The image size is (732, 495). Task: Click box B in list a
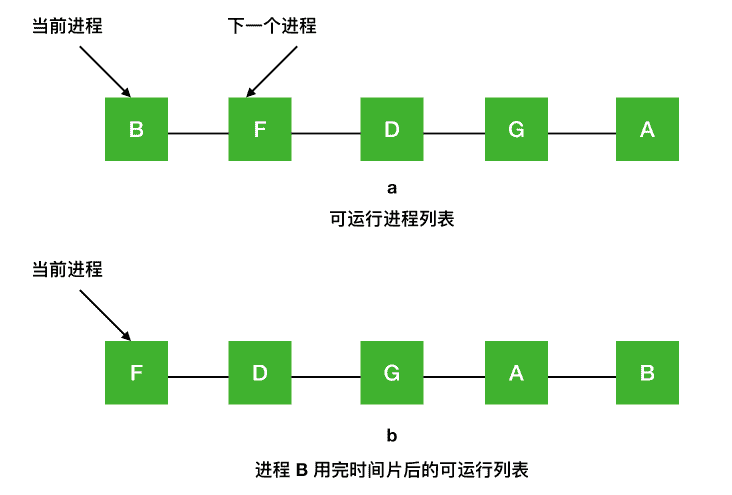136,129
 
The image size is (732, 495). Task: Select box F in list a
259,129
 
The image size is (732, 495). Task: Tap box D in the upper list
392,129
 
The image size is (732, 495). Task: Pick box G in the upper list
516,129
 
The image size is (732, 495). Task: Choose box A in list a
647,129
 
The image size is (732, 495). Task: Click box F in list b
136,373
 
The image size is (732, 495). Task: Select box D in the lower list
259,373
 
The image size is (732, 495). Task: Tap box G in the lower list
392,373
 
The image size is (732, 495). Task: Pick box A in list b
516,373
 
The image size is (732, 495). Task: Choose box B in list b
647,373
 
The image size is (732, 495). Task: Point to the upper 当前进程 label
68,26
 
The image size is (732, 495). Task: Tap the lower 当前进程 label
68,269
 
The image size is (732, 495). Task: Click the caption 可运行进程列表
392,218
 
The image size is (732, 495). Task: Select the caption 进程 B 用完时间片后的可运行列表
392,467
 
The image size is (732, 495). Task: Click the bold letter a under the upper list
392,188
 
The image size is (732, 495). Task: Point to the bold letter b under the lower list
392,435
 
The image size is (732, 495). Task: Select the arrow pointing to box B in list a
104,68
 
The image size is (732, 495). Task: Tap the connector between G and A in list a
581,133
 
